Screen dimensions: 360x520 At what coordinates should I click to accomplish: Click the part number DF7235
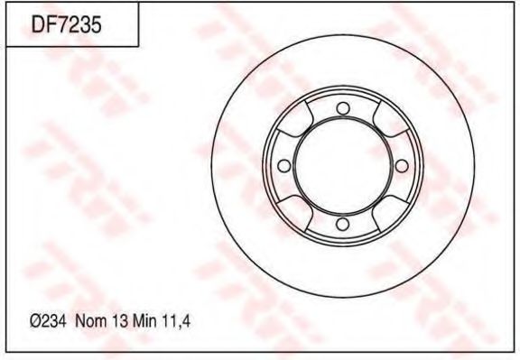(x=66, y=25)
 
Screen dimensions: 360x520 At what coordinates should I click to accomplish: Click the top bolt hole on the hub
(x=341, y=109)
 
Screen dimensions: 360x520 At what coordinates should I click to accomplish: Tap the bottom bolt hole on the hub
(x=341, y=224)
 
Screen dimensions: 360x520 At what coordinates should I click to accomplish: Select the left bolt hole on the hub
(x=283, y=166)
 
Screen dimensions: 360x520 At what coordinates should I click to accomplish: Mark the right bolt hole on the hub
(x=399, y=166)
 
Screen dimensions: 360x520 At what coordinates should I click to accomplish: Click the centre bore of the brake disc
(x=341, y=166)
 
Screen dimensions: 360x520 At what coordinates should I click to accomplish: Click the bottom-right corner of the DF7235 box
(x=138, y=46)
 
